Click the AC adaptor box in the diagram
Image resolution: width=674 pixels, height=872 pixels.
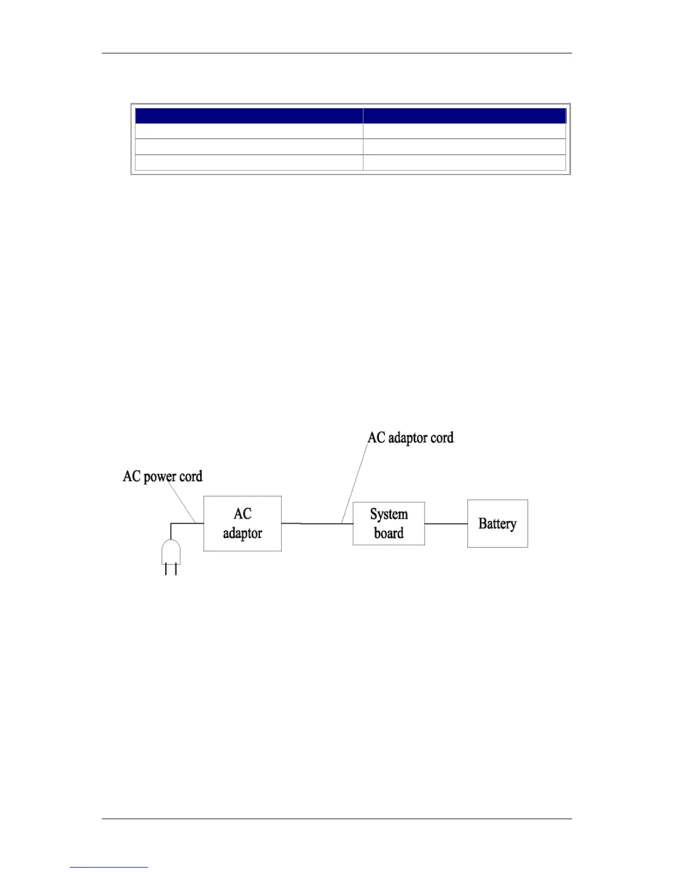click(x=242, y=524)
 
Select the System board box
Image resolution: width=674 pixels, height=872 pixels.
click(x=388, y=524)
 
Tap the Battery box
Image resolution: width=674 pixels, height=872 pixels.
click(x=497, y=524)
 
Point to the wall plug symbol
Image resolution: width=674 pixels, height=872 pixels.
click(x=171, y=553)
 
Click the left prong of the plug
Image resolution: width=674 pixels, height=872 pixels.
click(x=166, y=569)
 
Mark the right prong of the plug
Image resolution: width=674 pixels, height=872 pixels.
click(x=176, y=569)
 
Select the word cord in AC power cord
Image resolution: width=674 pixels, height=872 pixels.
click(x=191, y=476)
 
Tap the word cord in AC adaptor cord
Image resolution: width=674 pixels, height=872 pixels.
click(x=442, y=438)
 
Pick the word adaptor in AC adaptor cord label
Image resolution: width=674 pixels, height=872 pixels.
click(x=408, y=438)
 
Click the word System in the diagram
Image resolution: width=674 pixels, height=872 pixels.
click(x=389, y=514)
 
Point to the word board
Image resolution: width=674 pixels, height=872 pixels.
click(x=389, y=533)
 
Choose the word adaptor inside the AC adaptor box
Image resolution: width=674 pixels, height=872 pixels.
click(x=242, y=533)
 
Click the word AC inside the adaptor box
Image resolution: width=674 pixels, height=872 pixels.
click(x=242, y=514)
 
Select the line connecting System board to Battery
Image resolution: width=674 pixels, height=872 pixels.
click(x=446, y=524)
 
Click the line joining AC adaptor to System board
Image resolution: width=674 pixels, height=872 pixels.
click(x=317, y=524)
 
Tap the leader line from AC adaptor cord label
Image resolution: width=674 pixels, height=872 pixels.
click(x=355, y=482)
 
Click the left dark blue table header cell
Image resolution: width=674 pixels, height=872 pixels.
click(x=249, y=116)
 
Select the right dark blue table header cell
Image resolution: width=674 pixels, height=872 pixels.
click(x=464, y=116)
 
